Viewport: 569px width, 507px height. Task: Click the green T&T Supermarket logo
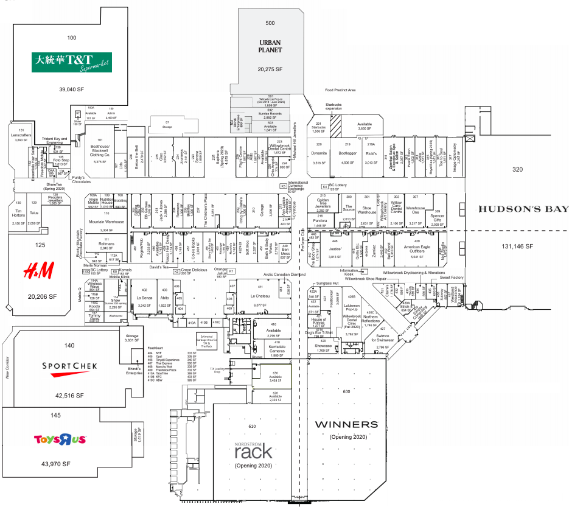tap(72, 61)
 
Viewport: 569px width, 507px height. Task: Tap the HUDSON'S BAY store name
tap(523, 209)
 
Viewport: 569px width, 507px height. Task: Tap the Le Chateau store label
tap(260, 296)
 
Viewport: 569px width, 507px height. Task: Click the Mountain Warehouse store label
tap(106, 222)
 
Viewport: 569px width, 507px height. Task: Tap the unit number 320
tap(518, 169)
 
